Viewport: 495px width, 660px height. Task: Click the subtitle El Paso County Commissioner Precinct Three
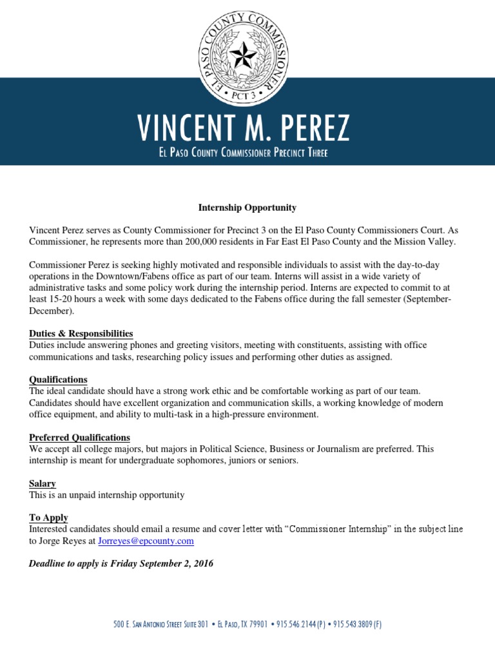click(x=247, y=153)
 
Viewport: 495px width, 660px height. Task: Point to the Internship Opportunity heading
click(x=247, y=208)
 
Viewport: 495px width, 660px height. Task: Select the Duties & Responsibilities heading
click(x=81, y=333)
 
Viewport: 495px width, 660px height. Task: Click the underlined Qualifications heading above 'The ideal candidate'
click(x=58, y=380)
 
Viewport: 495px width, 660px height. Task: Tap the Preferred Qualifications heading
click(x=79, y=438)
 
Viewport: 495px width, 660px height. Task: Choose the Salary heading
click(x=43, y=483)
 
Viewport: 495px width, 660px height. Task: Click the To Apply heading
click(x=48, y=518)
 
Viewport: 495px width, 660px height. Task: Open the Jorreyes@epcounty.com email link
click(x=146, y=541)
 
